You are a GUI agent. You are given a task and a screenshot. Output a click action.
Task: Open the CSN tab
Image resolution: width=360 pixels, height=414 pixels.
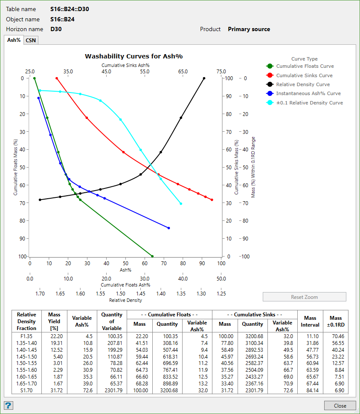coord(31,40)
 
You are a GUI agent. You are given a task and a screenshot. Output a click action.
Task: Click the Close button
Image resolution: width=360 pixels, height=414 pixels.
coord(340,405)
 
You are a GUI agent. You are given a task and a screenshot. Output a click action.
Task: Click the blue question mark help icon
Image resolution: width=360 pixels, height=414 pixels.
coord(8,405)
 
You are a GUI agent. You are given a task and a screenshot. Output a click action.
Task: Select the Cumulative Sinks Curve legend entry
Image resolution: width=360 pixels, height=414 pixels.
coord(304,75)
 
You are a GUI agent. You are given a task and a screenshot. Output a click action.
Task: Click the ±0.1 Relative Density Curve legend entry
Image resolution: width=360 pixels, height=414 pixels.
coord(309,103)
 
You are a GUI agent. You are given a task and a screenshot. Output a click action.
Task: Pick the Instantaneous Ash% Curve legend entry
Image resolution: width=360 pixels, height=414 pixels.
coord(308,93)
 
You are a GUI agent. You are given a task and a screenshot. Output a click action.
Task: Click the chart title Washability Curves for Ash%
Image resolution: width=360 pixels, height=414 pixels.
coord(134,56)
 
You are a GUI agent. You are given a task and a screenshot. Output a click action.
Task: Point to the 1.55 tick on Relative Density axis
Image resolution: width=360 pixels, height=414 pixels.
coord(100,294)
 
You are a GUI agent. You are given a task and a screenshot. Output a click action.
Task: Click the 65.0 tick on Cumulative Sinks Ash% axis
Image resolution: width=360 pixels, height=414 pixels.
coord(183,72)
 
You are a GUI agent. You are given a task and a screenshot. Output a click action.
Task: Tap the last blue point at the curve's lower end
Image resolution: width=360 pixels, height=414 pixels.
coord(169,228)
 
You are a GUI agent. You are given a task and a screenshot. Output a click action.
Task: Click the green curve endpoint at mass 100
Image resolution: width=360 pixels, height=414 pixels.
coord(152,256)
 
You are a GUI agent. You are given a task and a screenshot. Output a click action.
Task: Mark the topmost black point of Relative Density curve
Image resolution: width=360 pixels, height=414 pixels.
coord(204,78)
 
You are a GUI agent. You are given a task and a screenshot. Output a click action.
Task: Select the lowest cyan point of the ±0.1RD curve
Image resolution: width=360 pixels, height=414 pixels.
coord(181,204)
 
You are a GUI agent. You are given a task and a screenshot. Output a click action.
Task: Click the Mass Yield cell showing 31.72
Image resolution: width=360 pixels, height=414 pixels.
coord(54,390)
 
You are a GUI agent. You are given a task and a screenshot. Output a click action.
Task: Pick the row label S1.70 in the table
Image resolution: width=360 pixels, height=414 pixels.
coord(26,390)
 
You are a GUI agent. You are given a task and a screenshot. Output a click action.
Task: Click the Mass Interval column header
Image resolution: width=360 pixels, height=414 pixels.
coord(310,321)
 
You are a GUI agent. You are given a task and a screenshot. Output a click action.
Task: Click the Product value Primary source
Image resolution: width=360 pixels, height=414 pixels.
coord(249,29)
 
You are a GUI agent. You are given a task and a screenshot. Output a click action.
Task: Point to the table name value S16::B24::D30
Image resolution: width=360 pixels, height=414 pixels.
coord(70,9)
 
